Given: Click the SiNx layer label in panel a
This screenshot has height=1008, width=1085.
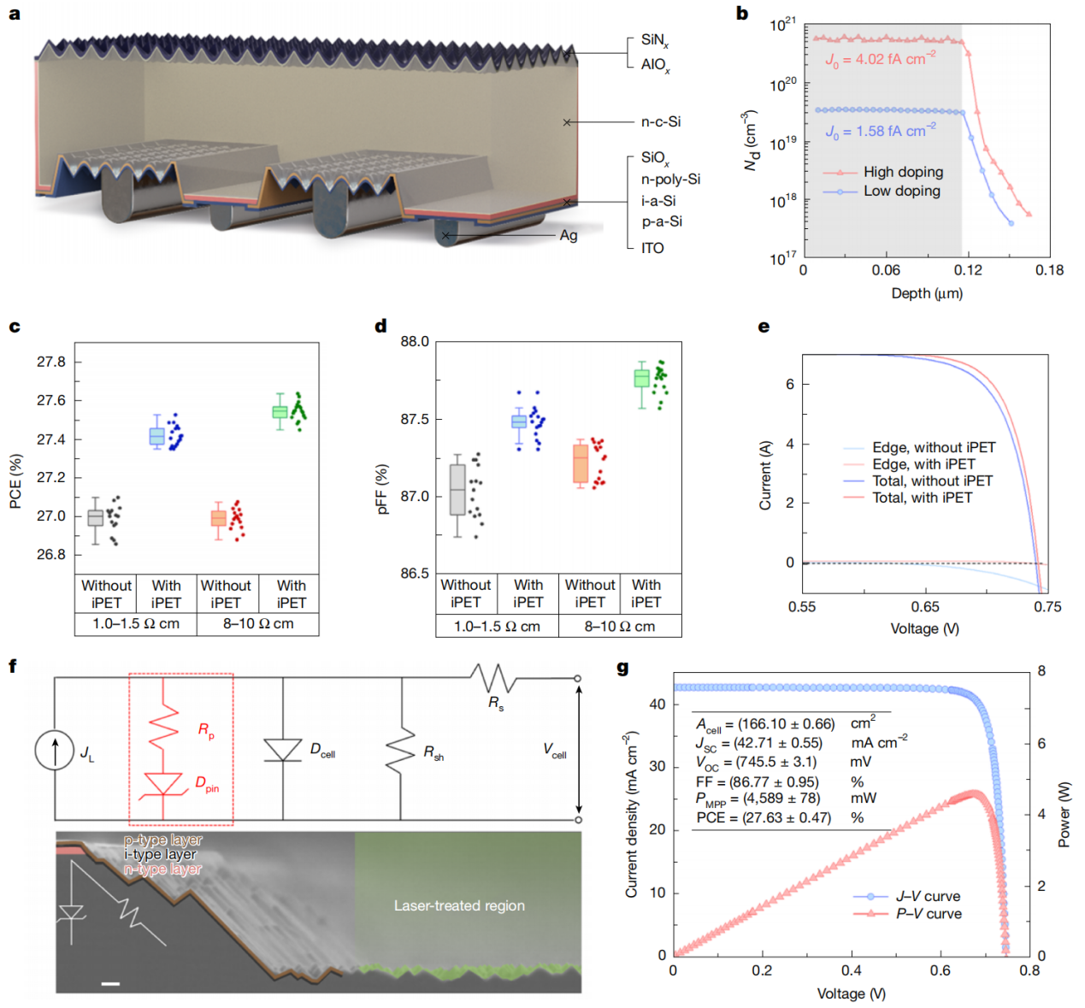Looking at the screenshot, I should (654, 40).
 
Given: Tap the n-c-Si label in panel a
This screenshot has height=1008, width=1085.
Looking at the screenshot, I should (661, 121).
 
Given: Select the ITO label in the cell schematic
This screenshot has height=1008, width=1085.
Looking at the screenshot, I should (652, 248).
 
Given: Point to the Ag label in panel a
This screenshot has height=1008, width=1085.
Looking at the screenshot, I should (569, 235).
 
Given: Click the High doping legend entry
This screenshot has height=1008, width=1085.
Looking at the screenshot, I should (902, 172).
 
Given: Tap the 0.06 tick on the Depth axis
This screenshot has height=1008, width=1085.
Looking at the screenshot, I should (886, 270).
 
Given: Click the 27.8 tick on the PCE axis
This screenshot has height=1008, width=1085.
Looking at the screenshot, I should (51, 362).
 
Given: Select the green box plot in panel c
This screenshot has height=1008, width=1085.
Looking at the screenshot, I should (280, 411).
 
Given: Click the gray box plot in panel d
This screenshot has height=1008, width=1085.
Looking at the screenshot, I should (457, 490).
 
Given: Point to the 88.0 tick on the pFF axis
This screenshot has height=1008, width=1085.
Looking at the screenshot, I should (415, 342).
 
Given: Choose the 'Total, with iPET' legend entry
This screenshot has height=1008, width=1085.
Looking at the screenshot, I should (922, 498).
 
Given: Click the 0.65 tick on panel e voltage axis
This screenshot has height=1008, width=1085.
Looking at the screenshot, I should (925, 606).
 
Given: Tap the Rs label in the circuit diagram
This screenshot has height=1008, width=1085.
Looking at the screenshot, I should (496, 703).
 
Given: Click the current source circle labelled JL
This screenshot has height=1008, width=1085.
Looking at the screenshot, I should (55, 751).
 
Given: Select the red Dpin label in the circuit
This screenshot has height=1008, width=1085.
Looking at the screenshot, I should (207, 783).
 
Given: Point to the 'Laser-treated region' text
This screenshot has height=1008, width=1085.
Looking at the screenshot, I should (459, 905).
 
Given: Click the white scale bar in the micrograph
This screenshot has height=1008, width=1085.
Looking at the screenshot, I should (110, 983).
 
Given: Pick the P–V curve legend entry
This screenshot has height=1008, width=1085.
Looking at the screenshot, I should (928, 914).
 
